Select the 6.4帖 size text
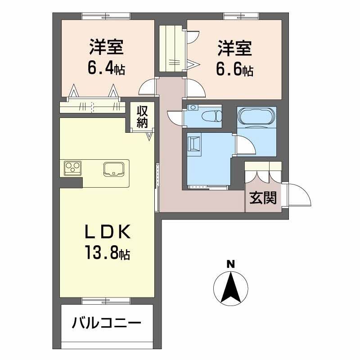(x=106, y=69)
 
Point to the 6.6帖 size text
(x=234, y=70)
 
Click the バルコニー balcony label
(x=107, y=323)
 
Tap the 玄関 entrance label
(x=263, y=198)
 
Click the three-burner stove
(x=72, y=168)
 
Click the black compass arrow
(x=230, y=286)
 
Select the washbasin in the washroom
(x=195, y=144)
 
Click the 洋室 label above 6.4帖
(x=106, y=47)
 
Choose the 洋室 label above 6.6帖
(x=234, y=48)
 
